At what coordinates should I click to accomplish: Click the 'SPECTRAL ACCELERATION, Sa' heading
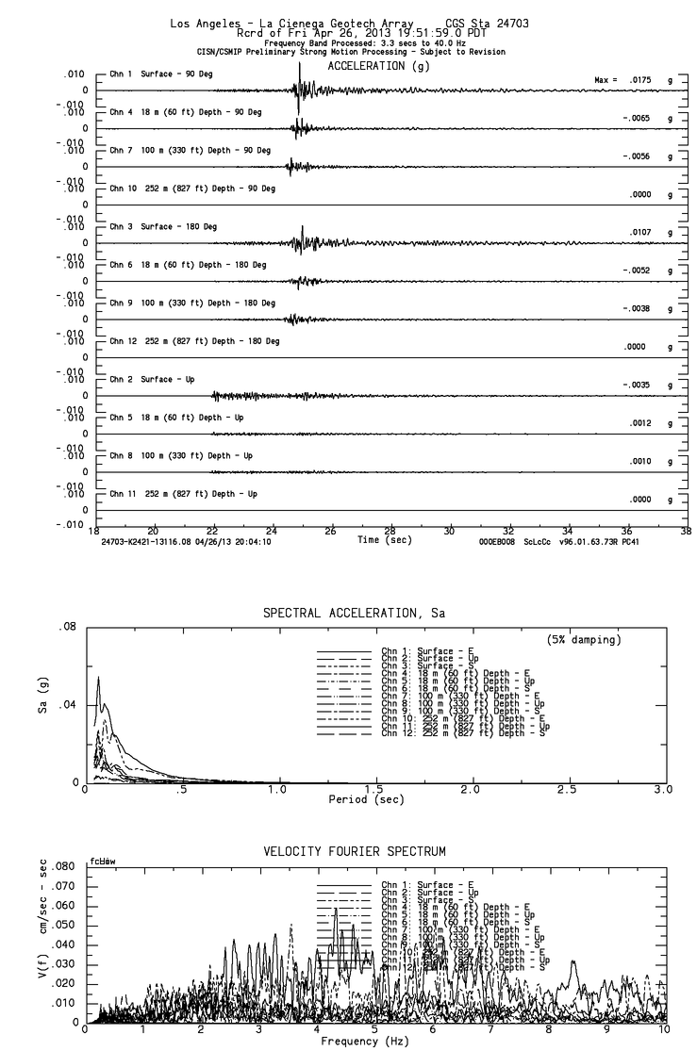(354, 614)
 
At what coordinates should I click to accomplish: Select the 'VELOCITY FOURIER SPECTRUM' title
(354, 851)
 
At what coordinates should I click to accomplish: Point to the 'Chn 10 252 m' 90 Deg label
(192, 189)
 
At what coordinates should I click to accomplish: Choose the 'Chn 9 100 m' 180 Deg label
(192, 303)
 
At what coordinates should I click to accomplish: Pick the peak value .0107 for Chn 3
(641, 233)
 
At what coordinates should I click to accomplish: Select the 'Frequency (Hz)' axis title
(365, 1042)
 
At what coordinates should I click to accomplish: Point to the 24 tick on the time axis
(272, 530)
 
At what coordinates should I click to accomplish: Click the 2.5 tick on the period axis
(567, 788)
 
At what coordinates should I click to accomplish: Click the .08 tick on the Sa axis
(69, 627)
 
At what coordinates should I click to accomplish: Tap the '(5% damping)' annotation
(584, 640)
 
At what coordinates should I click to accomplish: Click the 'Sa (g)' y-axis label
(41, 704)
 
